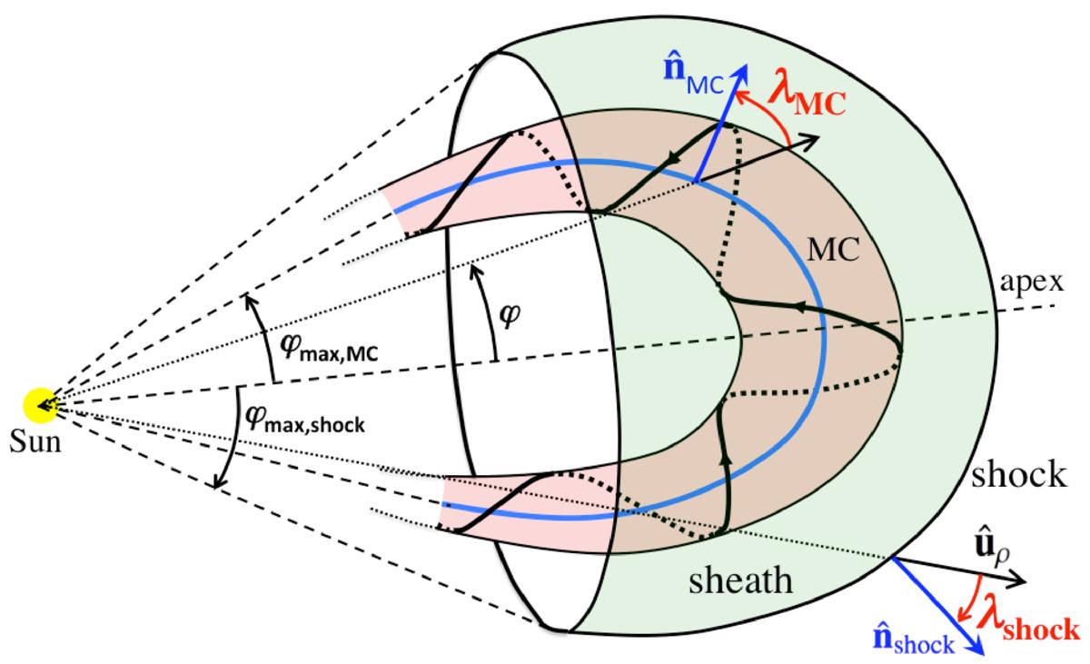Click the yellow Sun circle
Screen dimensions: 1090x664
coord(40,405)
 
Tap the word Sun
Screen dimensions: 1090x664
coord(35,441)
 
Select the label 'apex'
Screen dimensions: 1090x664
coord(1032,283)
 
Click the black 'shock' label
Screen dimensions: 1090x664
coord(1019,474)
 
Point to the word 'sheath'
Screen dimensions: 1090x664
coord(740,580)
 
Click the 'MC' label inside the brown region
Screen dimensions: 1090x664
coord(834,251)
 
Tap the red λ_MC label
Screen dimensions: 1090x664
coord(807,99)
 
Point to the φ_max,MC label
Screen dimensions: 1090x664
coord(329,348)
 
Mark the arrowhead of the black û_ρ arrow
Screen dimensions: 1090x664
coord(1017,581)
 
